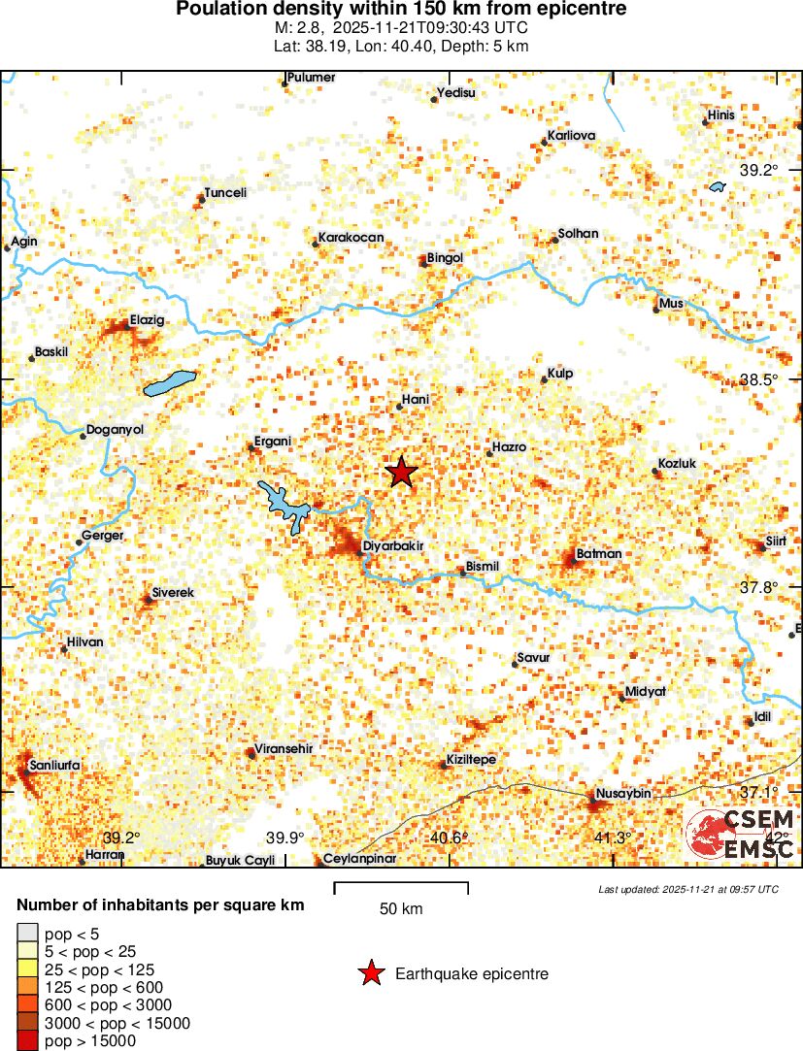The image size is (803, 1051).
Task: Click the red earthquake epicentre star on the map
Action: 401,473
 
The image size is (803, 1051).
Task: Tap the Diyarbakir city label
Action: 394,546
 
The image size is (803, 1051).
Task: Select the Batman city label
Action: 599,554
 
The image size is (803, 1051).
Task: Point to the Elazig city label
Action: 148,320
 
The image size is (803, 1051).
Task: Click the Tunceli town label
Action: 225,192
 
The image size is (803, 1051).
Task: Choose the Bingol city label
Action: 446,258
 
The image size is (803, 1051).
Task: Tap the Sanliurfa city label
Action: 55,766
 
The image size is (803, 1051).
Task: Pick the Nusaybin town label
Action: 622,794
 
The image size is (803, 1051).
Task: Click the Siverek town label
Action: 174,592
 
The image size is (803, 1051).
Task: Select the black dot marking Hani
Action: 399,407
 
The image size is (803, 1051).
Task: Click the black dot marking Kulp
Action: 545,379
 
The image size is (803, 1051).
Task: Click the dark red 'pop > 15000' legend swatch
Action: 27,1041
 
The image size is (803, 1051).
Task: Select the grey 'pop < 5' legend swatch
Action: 27,935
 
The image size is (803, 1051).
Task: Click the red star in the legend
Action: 371,973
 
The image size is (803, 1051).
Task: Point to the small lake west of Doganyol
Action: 170,384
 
